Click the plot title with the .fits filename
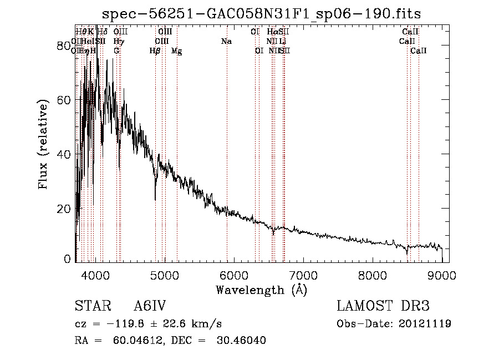point(266,13)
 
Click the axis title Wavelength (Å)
point(261,289)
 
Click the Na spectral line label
point(226,42)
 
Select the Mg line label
point(176,51)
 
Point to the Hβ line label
point(155,51)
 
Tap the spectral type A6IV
point(150,306)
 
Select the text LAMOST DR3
point(383,306)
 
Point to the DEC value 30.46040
point(241,341)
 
